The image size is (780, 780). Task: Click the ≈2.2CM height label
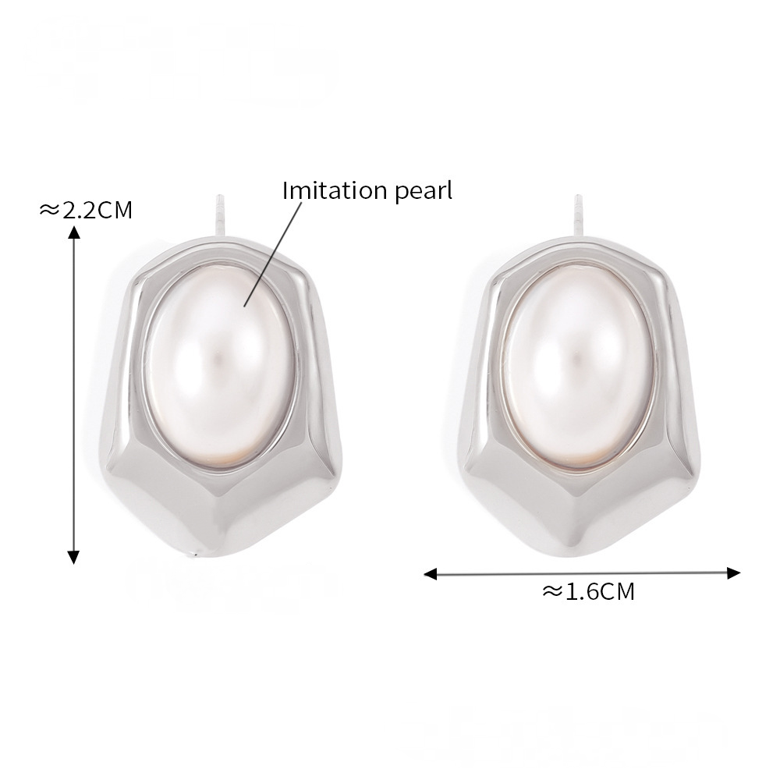coord(86,210)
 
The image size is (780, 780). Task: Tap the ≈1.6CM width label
coord(588,592)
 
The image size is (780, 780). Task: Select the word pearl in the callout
coord(424,192)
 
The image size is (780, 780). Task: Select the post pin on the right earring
coord(578,215)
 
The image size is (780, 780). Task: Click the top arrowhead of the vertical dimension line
coord(73,232)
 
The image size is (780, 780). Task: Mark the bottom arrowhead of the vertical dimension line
coord(73,557)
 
